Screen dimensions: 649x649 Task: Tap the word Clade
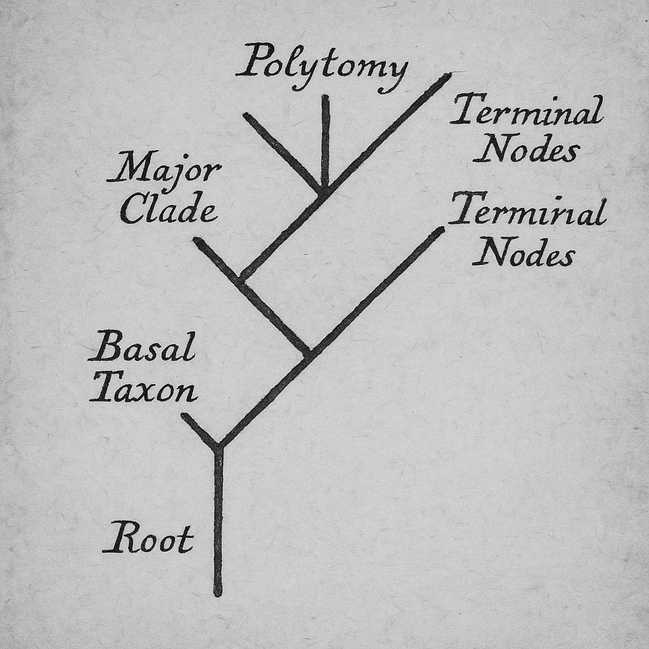pos(169,208)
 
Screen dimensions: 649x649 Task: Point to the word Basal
pos(142,347)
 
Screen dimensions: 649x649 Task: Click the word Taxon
pos(143,387)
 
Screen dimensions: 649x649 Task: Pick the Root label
pos(148,537)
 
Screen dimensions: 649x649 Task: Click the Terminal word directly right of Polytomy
pos(527,110)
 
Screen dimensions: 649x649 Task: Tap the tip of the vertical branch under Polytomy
pos(325,98)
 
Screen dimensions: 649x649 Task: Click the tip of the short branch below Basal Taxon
pos(184,416)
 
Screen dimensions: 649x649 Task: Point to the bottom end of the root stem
pos(218,593)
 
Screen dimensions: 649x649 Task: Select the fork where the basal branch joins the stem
pos(218,447)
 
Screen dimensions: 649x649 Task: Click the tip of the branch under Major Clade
pos(197,240)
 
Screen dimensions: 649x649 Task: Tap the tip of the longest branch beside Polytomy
pos(449,75)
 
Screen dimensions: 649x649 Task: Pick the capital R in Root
pos(120,537)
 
